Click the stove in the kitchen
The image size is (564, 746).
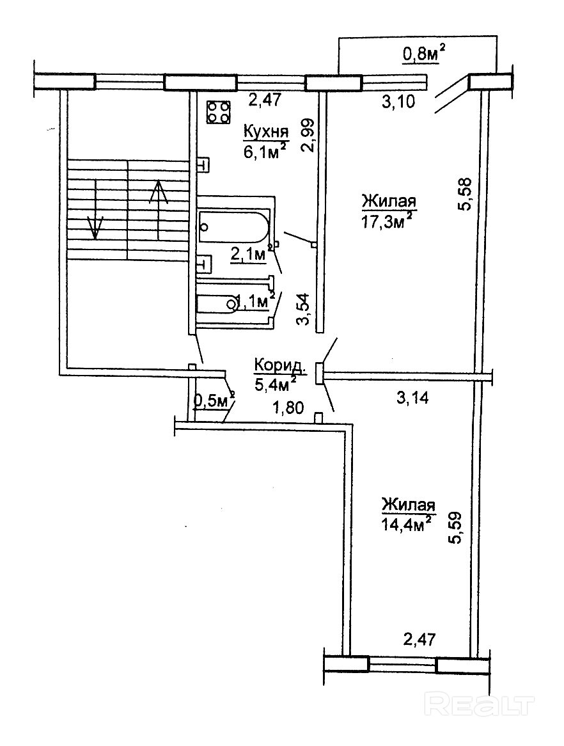coord(218,113)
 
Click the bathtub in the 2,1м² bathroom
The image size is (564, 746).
coord(233,226)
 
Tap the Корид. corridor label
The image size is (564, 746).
coord(279,366)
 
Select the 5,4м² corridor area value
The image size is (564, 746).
coord(275,383)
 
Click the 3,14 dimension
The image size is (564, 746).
coord(411,398)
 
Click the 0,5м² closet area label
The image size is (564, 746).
coord(214,401)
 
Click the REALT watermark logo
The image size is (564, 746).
coord(479,704)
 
